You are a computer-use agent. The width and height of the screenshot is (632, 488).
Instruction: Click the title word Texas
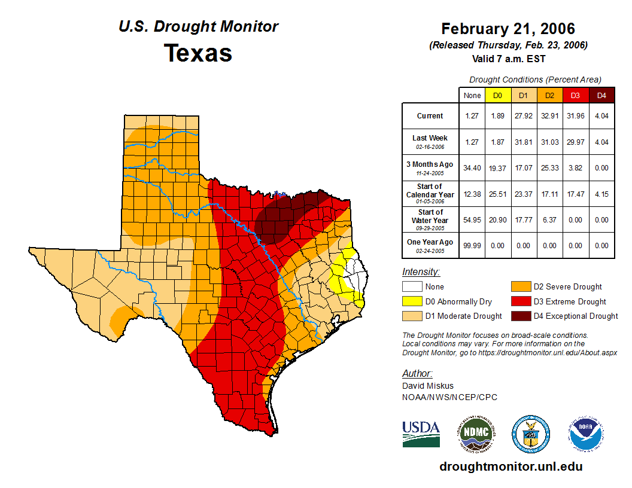point(198,53)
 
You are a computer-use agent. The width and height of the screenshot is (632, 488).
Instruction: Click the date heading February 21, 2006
point(508,29)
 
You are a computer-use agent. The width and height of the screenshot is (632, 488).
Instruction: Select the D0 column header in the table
point(498,96)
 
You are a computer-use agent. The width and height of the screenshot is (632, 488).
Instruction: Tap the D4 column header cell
point(602,96)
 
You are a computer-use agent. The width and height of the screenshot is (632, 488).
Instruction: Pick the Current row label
point(430,116)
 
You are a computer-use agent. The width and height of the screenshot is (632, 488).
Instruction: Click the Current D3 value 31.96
point(576,116)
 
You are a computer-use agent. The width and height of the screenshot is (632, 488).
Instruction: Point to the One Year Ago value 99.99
point(472,246)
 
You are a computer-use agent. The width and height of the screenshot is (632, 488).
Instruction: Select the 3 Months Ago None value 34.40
point(472,168)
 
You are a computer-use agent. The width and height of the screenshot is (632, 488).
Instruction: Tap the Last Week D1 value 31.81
point(524,142)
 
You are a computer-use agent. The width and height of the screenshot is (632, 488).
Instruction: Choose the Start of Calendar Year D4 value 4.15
point(602,194)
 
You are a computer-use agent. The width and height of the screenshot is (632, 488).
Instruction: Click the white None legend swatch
point(412,287)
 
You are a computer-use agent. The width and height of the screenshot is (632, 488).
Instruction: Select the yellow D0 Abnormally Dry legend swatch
point(412,301)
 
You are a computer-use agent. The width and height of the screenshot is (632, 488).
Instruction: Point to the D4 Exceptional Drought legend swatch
point(521,316)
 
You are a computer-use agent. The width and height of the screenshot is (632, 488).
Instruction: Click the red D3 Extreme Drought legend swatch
point(521,301)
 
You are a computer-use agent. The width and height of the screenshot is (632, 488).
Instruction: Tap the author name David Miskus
point(428,386)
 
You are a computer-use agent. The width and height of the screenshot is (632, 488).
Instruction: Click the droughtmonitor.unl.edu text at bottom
point(511,466)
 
